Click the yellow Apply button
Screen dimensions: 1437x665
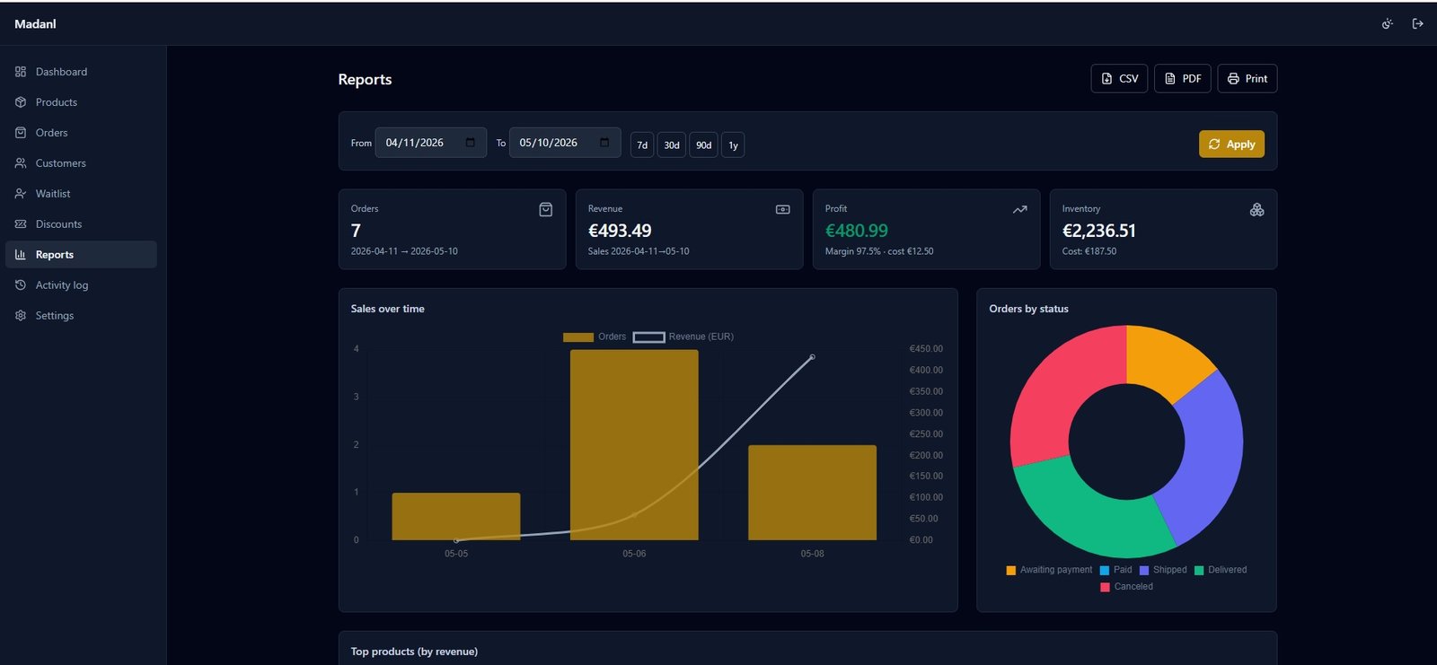pyautogui.click(x=1231, y=144)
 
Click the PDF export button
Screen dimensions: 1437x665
pyautogui.click(x=1182, y=78)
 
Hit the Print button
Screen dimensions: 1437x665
pyautogui.click(x=1247, y=78)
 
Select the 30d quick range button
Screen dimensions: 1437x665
pyautogui.click(x=671, y=144)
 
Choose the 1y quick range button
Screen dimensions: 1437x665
pyautogui.click(x=733, y=144)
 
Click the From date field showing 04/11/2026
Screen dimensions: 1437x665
pyautogui.click(x=430, y=143)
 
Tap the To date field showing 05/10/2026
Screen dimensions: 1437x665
pyautogui.click(x=565, y=143)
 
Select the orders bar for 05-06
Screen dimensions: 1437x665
pyautogui.click(x=634, y=445)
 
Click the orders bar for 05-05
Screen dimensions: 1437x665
pyautogui.click(x=456, y=516)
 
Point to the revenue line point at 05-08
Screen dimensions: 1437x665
pyautogui.click(x=812, y=357)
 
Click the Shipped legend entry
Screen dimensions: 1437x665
pyautogui.click(x=1163, y=570)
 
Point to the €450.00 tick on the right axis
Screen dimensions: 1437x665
pyautogui.click(x=926, y=349)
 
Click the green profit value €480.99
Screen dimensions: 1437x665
pyautogui.click(x=857, y=231)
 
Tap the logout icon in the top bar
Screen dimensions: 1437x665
pyautogui.click(x=1418, y=23)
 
